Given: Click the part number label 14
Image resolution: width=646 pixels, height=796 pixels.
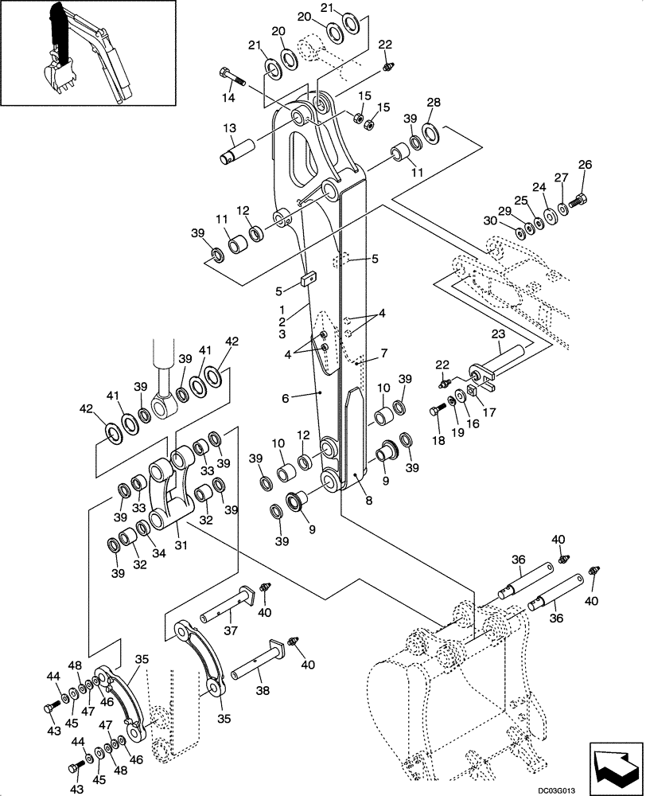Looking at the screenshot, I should click(x=228, y=98).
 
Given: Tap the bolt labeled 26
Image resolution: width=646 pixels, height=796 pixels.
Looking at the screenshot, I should click(x=580, y=199).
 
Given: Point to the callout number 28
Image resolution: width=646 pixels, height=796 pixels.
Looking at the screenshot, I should click(x=433, y=103).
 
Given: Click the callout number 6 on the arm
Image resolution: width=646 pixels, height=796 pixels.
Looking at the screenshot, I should click(x=306, y=396).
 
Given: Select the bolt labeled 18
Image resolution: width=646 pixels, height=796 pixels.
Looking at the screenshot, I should click(x=435, y=410).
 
